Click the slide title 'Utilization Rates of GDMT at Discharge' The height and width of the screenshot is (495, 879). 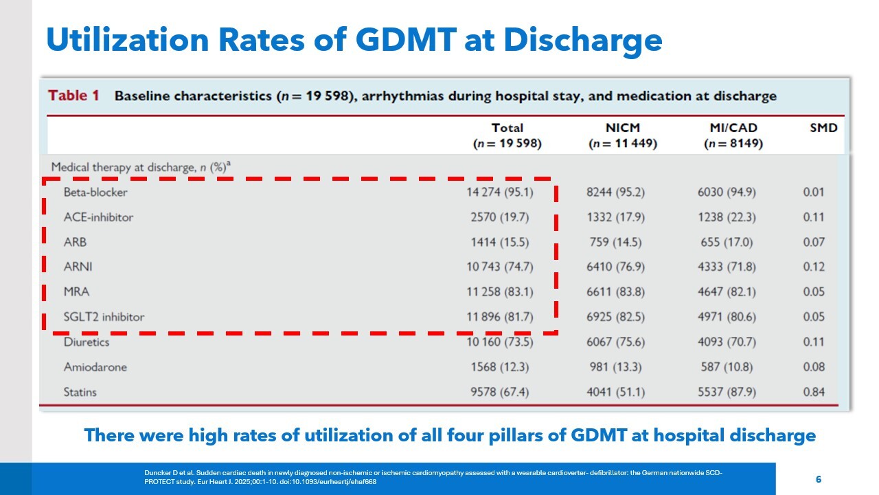click(x=354, y=39)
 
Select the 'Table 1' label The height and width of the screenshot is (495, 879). click(x=73, y=96)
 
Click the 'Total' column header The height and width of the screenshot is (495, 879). click(x=507, y=128)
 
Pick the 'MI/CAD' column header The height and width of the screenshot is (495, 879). click(x=733, y=128)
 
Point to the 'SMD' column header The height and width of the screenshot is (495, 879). click(x=823, y=128)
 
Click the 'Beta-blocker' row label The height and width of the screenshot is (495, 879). click(x=95, y=192)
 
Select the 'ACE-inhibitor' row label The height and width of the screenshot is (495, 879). click(x=98, y=217)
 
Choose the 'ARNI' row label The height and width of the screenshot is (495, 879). click(x=78, y=267)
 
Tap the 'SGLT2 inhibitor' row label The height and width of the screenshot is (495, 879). click(x=104, y=317)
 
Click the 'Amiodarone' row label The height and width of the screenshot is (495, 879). click(x=95, y=367)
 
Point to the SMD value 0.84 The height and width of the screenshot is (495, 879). click(x=813, y=392)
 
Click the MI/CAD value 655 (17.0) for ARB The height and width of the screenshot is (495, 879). click(x=728, y=242)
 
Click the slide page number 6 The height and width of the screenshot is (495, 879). click(x=818, y=479)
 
